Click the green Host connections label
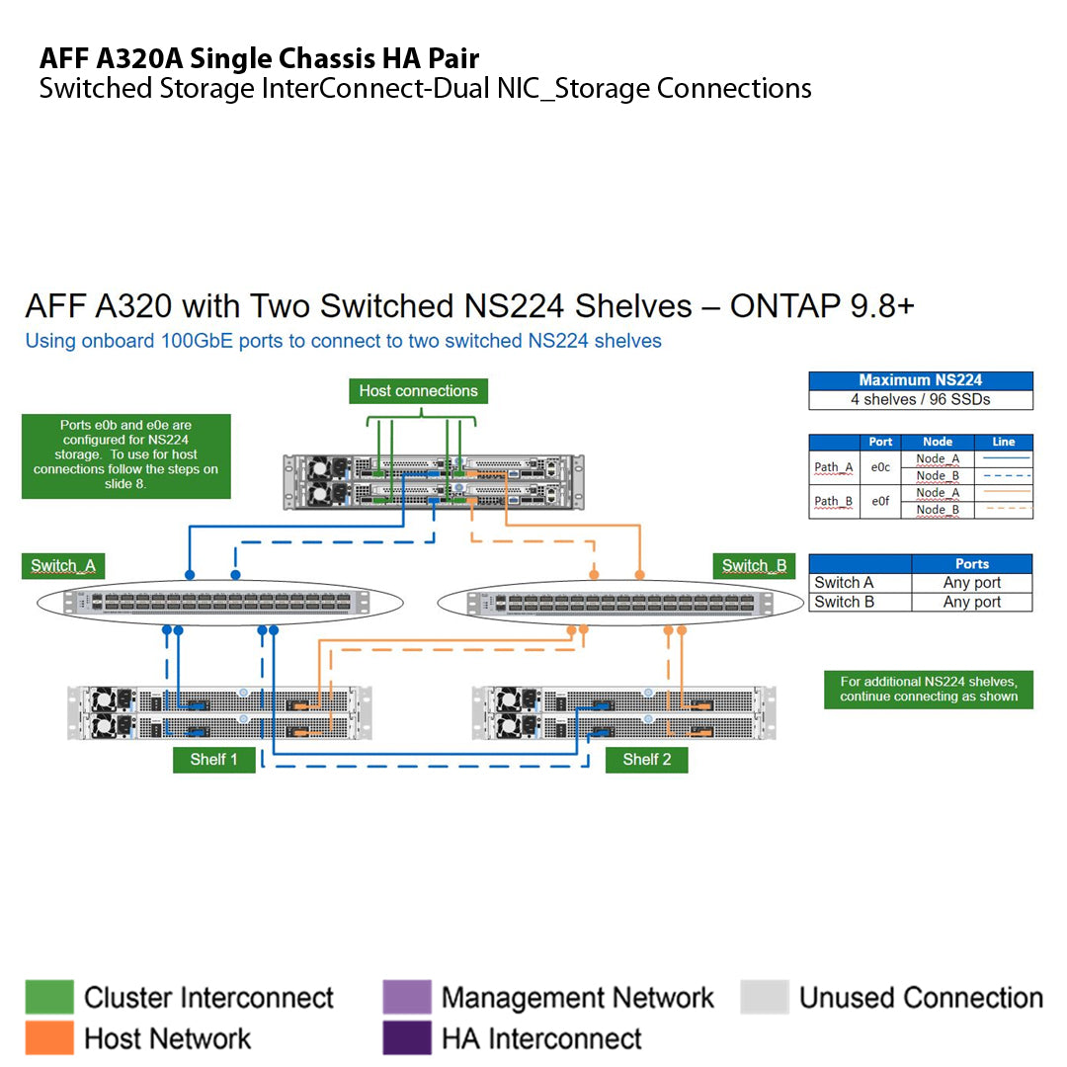418,391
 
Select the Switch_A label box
62,566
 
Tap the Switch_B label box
754,566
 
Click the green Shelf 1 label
213,759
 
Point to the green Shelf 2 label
646,759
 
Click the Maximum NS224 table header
920,380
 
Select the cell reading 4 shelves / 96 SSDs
920,400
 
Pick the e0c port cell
880,467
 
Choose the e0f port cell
880,501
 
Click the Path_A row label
833,467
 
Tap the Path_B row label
833,501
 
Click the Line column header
1003,442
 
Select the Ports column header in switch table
971,563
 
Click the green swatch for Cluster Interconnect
49,997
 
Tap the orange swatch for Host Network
49,1038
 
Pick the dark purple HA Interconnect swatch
407,1038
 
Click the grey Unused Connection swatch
765,997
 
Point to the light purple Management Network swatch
407,997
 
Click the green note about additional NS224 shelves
928,689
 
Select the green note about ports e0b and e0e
125,455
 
